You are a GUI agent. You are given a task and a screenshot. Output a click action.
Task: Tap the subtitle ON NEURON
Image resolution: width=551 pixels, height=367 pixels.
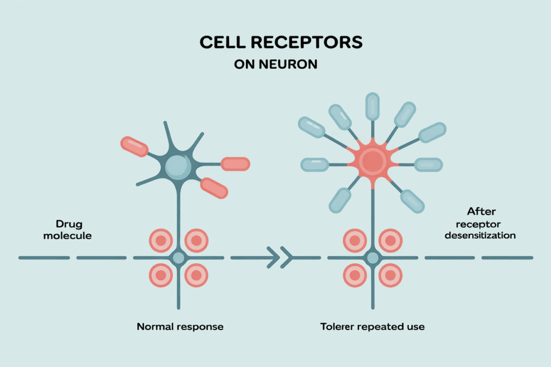point(275,64)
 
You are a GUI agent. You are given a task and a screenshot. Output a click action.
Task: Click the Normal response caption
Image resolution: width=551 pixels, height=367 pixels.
point(180,326)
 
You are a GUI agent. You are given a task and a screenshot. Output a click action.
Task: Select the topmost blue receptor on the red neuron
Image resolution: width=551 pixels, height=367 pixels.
point(372,106)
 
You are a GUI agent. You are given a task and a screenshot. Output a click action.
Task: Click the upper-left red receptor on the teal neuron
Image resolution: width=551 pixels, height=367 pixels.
point(135,147)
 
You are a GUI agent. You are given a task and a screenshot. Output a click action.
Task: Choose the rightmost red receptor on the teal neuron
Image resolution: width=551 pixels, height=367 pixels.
point(235,164)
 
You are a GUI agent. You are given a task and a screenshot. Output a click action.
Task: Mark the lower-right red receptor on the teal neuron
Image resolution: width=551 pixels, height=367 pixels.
point(214,188)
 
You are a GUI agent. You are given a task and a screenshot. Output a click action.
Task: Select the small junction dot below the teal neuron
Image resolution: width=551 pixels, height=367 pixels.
point(178,258)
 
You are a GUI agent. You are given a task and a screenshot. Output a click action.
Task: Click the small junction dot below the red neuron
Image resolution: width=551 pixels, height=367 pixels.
point(372,258)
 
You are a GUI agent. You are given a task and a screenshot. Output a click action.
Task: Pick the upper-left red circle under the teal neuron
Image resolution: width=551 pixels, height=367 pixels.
point(160,240)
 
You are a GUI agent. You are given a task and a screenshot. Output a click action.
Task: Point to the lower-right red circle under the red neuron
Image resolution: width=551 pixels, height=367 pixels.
point(390,276)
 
